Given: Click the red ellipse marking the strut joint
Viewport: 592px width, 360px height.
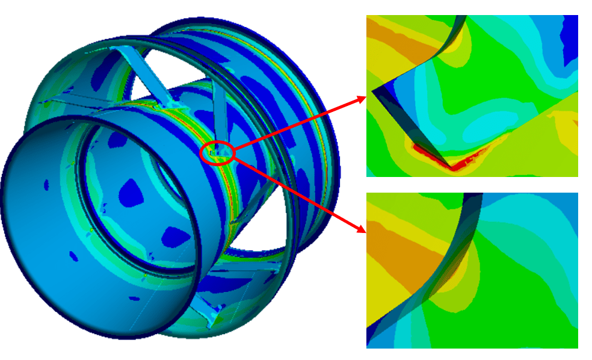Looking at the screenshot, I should coord(217,153).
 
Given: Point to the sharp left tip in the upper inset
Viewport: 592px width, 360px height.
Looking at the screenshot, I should coord(374,92).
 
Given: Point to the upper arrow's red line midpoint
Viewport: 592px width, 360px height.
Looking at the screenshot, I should coord(298,123).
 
